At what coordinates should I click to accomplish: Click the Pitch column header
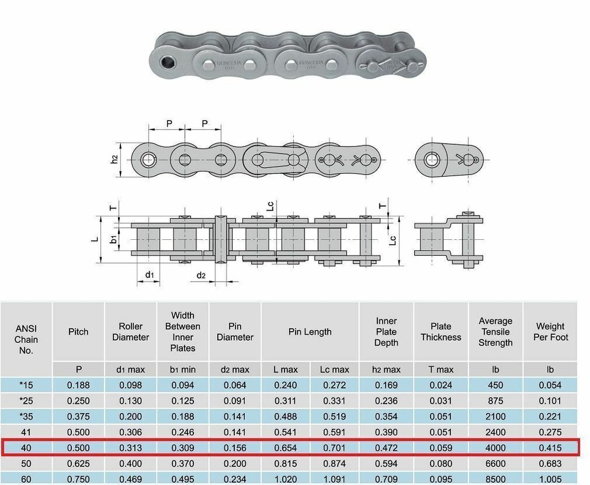click(78, 332)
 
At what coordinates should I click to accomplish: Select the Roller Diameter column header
click(130, 332)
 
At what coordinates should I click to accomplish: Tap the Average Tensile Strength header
click(496, 332)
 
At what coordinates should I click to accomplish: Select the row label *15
click(26, 385)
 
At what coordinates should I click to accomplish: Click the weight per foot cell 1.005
click(550, 479)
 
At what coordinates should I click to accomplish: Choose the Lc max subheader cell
click(335, 369)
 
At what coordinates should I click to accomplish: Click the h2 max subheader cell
click(386, 369)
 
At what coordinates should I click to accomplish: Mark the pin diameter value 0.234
click(235, 479)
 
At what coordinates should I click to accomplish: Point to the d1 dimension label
click(150, 275)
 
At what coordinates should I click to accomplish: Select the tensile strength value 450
click(496, 385)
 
